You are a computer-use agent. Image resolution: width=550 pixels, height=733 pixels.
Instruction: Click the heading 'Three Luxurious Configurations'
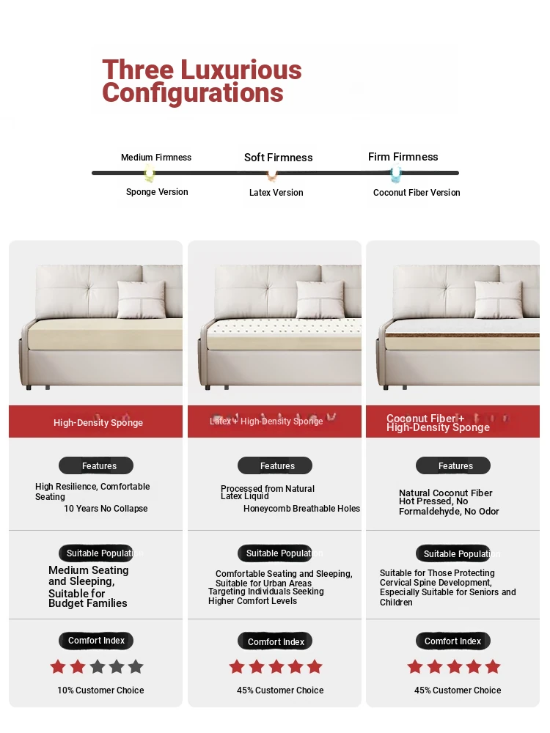pos(202,81)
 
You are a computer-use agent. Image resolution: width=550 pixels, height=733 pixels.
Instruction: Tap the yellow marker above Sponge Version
pos(150,174)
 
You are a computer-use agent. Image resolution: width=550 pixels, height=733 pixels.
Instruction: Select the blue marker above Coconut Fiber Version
pos(396,174)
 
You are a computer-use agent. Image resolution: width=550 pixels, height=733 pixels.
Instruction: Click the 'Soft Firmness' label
pos(278,158)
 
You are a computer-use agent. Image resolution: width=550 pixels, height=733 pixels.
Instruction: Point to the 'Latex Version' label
pos(276,193)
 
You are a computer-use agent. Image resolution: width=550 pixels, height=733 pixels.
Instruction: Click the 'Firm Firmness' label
pos(403,157)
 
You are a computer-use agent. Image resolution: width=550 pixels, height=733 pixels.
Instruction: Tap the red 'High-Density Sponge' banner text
pos(98,423)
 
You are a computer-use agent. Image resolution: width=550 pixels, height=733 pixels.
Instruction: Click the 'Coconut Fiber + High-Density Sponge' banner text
pos(438,423)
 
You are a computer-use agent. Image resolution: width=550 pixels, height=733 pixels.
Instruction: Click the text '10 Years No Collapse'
pos(106,509)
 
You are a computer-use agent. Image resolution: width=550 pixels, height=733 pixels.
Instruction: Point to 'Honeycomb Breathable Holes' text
pos(301,509)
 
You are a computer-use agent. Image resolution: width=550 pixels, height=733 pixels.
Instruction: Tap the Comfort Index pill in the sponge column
pos(96,641)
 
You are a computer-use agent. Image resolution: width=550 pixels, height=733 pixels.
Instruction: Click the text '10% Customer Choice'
pos(100,690)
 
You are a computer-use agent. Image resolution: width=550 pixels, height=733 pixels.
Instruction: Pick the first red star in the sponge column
pos(58,667)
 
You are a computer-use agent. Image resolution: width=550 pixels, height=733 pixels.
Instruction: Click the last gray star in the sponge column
pos(135,667)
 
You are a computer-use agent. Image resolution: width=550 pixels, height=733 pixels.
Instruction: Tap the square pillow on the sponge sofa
pos(142,299)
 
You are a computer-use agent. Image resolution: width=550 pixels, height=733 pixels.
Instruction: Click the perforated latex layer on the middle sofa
pos(286,324)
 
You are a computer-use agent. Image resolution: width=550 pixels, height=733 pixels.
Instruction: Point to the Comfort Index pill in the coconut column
pos(453,641)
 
